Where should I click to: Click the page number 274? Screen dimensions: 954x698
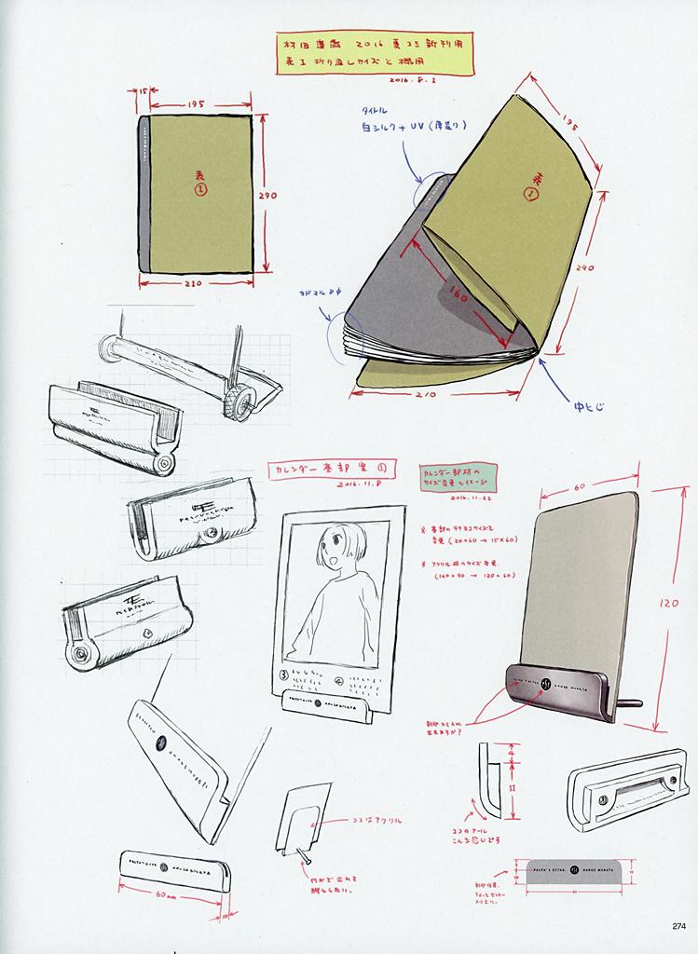(x=677, y=925)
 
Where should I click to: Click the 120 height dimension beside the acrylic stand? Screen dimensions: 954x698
(x=669, y=604)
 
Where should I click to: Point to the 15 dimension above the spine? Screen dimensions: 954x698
(x=143, y=93)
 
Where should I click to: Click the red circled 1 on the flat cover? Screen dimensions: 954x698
(x=198, y=189)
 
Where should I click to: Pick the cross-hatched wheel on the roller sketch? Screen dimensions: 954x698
(x=239, y=403)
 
